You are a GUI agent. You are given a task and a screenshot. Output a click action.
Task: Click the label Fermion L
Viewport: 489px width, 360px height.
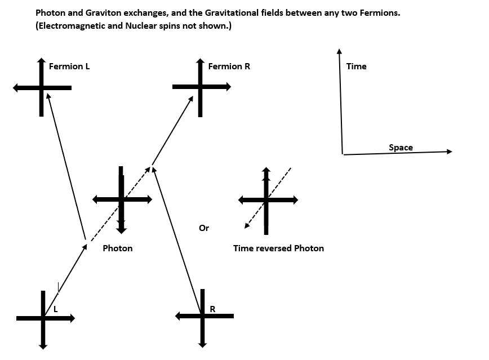point(69,66)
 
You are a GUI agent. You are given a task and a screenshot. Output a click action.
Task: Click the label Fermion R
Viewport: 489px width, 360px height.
point(229,66)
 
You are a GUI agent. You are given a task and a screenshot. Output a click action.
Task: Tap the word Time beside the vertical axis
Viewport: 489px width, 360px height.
point(357,66)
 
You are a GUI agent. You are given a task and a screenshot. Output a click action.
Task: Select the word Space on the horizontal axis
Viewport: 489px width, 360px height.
point(401,147)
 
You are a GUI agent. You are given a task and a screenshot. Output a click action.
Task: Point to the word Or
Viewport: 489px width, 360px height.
point(204,228)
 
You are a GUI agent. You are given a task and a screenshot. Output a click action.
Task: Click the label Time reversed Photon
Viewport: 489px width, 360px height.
point(278,248)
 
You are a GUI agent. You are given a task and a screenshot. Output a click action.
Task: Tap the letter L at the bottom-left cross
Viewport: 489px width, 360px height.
point(56,309)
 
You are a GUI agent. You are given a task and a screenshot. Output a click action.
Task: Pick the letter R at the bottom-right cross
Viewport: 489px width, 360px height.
point(212,309)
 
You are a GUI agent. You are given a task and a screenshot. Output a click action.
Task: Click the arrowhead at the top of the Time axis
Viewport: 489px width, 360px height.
point(339,51)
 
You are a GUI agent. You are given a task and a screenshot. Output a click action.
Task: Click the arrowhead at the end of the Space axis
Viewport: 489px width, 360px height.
point(450,152)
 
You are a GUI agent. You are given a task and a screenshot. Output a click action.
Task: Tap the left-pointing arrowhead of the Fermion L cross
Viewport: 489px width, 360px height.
point(16,88)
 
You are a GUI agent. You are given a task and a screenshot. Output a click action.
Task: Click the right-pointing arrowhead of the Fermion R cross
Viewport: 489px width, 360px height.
point(228,87)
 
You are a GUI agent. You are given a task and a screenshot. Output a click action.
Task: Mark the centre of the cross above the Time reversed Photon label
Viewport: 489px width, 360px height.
point(266,200)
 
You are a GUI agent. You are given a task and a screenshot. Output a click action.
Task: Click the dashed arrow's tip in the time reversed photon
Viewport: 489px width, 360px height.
point(246,227)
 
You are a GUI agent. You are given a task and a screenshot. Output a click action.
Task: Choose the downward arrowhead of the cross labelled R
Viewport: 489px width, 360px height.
point(202,345)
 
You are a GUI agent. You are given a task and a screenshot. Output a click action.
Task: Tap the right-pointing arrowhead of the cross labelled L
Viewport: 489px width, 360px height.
point(72,318)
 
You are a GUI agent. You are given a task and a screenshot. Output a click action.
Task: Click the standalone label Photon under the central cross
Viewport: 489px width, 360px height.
point(118,248)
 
